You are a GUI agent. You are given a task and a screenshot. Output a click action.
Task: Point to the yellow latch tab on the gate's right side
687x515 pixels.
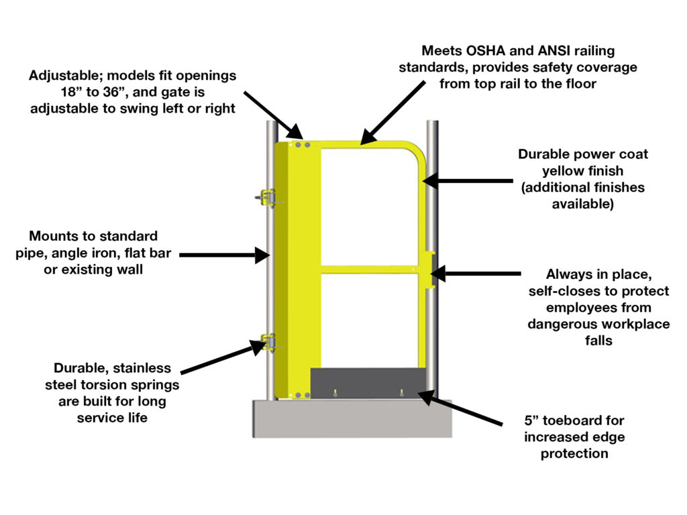click(x=429, y=270)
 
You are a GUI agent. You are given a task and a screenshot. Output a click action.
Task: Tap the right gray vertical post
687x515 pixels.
click(x=433, y=201)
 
